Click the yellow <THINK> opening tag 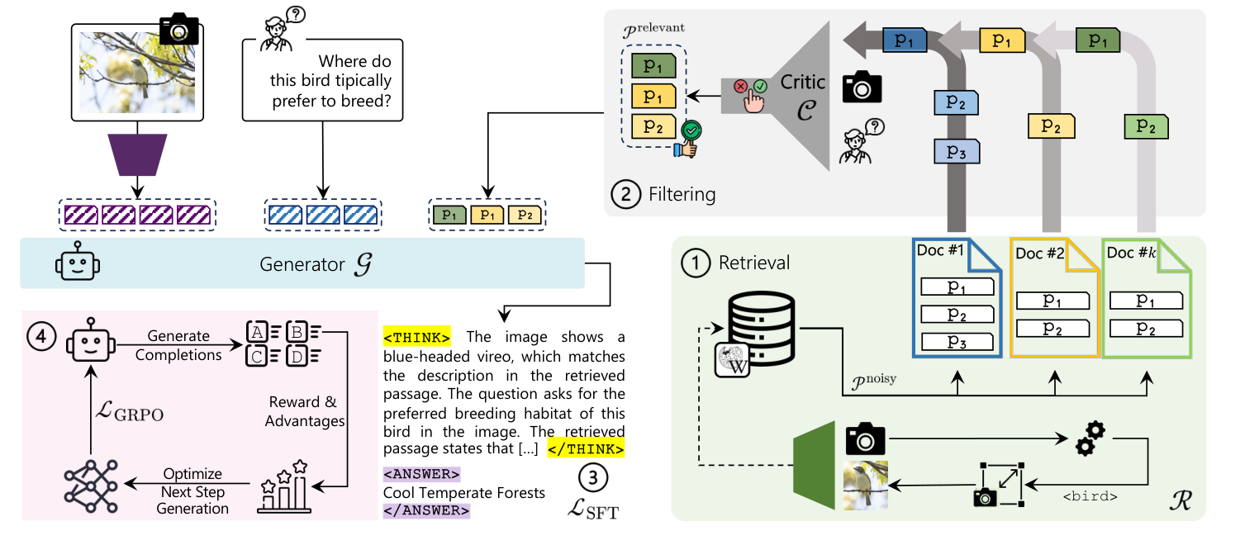[416, 338]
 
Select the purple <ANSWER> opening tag [421, 475]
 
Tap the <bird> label [1090, 496]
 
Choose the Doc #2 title [1039, 252]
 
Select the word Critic [803, 82]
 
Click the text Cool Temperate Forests [463, 493]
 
